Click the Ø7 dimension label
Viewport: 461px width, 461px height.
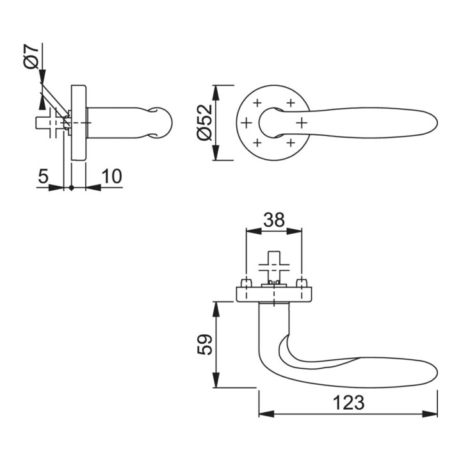point(31,58)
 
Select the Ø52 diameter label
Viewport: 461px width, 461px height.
point(205,122)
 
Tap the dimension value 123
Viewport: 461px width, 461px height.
point(349,403)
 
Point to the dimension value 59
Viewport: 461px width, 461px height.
point(205,344)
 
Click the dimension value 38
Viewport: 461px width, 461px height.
point(274,220)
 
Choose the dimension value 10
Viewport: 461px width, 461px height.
point(111,177)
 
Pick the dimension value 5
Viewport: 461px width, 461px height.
point(43,177)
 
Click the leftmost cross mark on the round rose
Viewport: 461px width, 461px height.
point(247,122)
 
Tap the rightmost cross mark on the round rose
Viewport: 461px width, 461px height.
point(302,122)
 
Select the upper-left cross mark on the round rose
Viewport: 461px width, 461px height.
point(257,103)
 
